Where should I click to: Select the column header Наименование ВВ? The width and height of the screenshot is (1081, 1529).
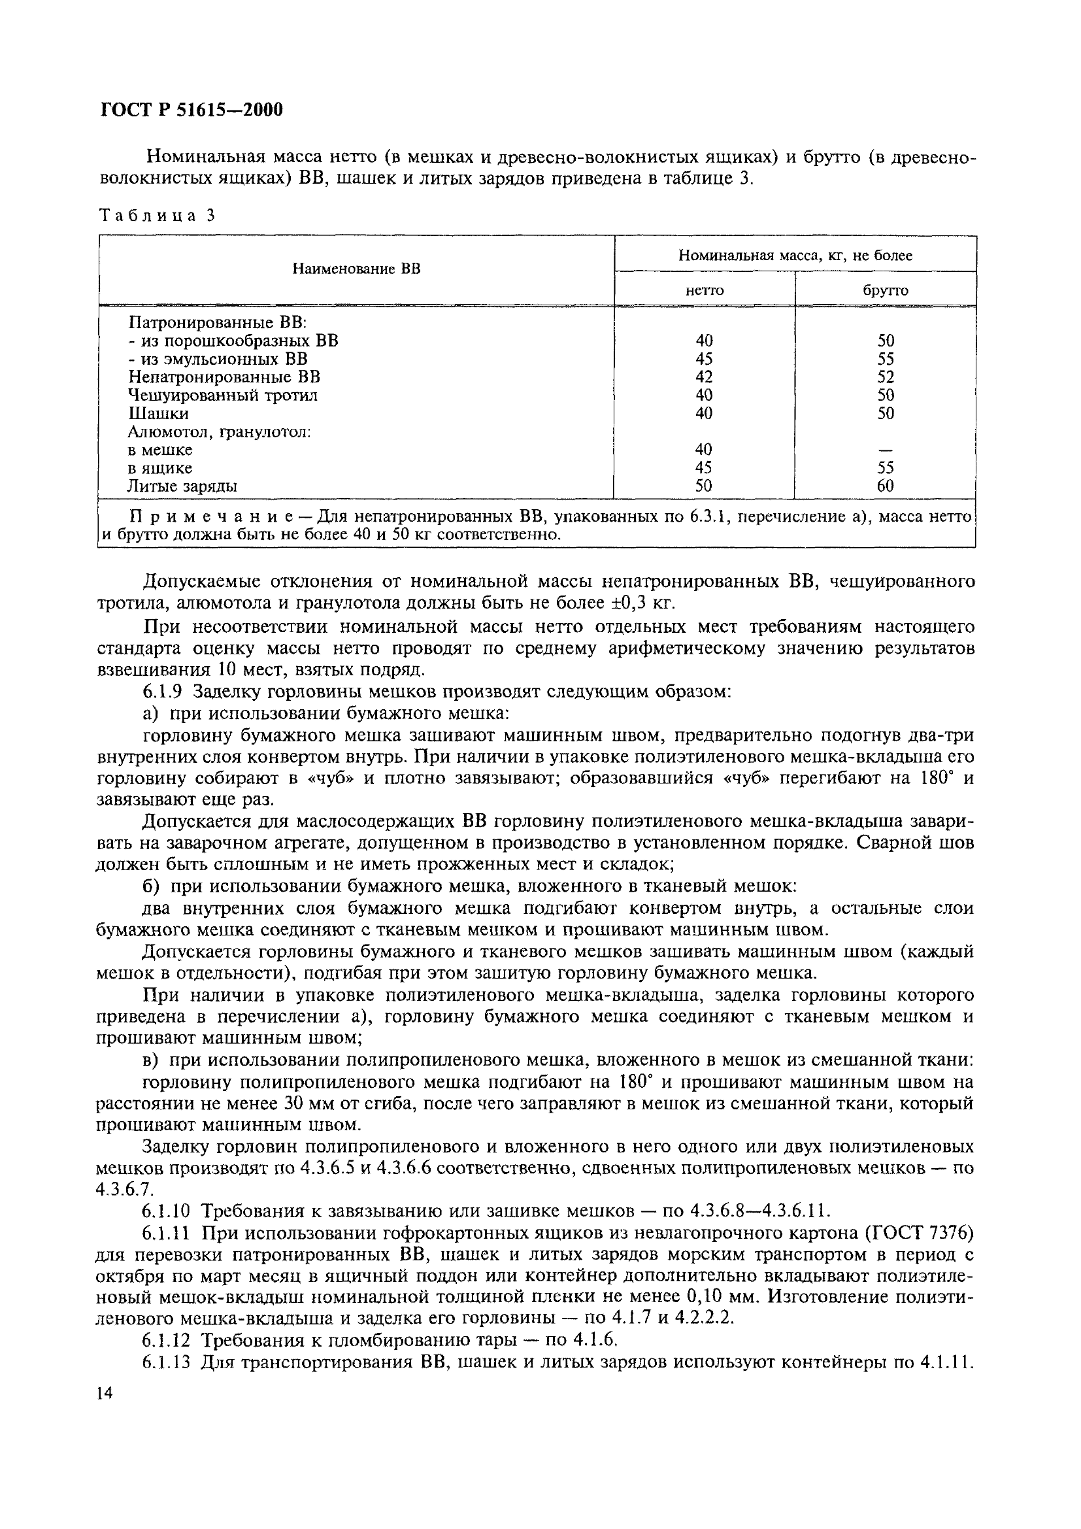357,270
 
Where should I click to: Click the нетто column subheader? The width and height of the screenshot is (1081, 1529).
705,290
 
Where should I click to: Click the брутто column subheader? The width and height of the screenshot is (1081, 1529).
886,290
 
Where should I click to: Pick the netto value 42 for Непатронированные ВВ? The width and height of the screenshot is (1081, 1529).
704,377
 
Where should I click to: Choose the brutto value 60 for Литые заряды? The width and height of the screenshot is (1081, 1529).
886,486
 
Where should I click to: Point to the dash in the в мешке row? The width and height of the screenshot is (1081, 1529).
886,450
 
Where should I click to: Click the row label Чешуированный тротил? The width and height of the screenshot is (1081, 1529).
222,395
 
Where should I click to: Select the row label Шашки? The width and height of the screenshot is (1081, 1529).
158,414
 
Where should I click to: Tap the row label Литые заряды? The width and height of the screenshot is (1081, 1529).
182,486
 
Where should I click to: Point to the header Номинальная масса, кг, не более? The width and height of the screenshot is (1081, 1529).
795,255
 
